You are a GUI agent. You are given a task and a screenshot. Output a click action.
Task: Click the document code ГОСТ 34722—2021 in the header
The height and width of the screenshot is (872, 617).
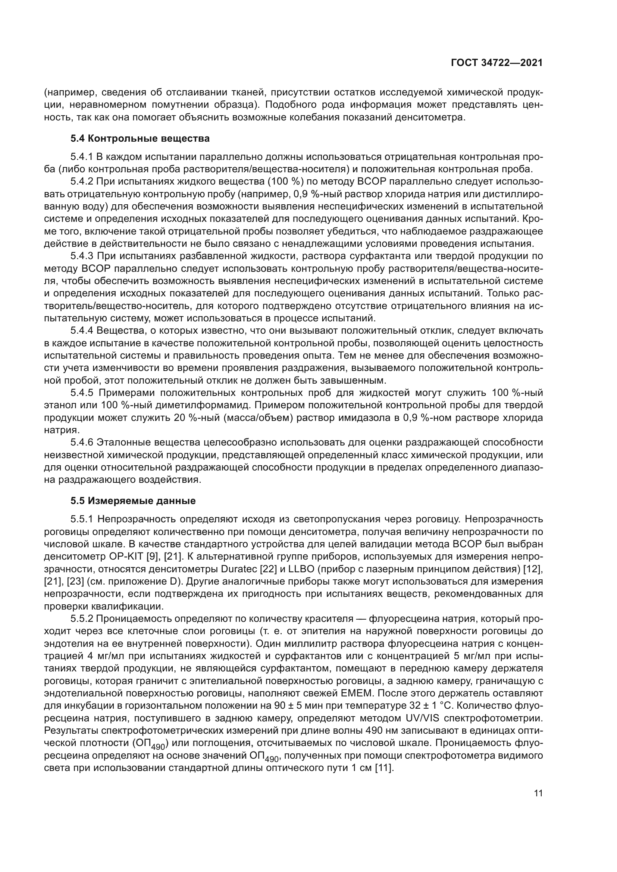[497, 63]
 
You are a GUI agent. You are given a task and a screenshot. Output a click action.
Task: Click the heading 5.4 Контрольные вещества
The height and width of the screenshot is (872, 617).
[140, 139]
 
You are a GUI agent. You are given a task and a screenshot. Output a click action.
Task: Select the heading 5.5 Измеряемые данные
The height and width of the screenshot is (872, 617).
[133, 501]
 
